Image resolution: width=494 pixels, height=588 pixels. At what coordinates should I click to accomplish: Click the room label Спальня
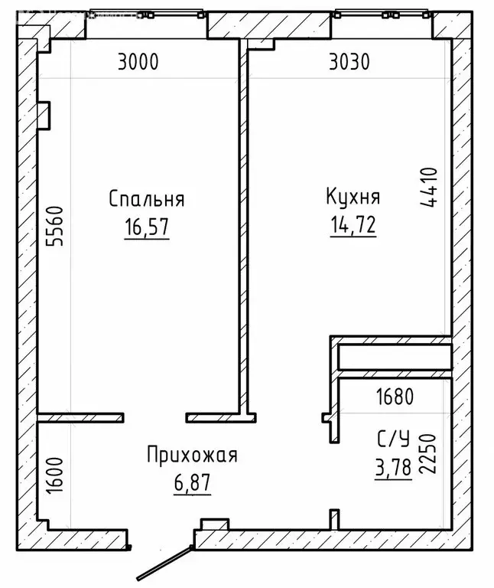tap(147, 199)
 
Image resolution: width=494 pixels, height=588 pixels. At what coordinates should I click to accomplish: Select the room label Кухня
tap(353, 197)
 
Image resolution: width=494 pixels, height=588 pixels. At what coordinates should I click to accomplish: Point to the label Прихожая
tap(192, 456)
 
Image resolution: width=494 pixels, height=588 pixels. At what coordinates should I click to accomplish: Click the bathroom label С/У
tap(394, 439)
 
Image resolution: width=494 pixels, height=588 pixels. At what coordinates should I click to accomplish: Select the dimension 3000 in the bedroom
tap(138, 62)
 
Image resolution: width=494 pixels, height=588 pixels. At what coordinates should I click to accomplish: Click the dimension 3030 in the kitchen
tap(349, 62)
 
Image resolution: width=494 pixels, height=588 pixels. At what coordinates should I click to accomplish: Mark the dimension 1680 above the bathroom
tap(395, 397)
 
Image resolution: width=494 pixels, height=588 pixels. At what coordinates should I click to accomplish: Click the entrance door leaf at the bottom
tap(162, 563)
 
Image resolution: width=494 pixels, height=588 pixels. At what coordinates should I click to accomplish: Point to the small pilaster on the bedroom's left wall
tap(44, 115)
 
